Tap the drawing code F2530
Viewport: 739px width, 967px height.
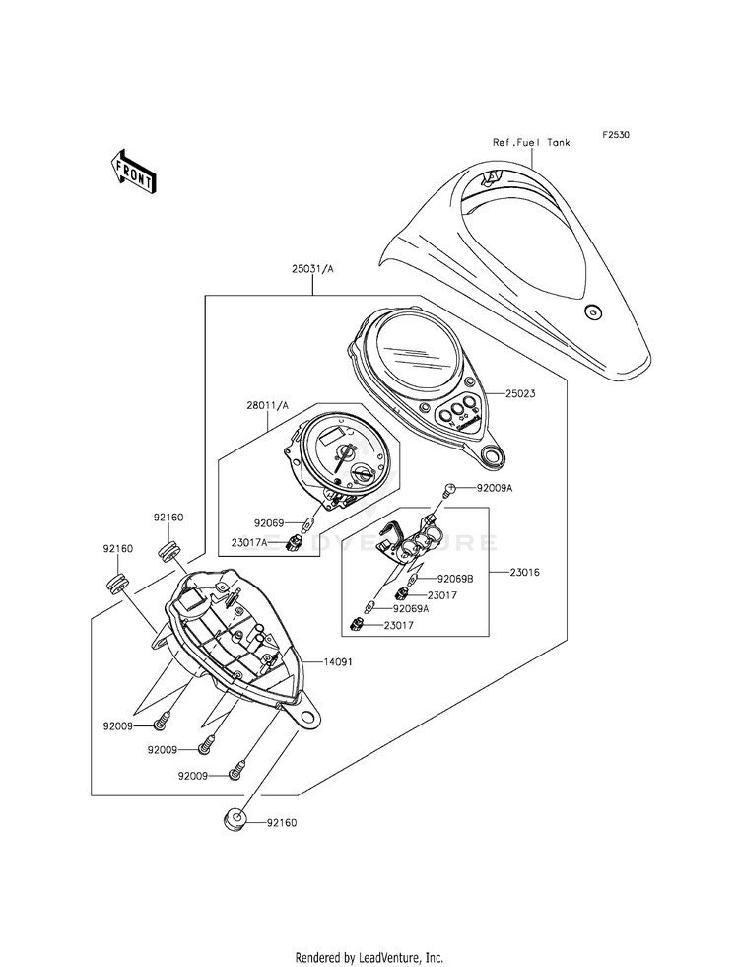click(x=617, y=135)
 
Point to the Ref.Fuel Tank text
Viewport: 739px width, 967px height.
click(x=531, y=142)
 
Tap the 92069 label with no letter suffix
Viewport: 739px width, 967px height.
click(x=268, y=523)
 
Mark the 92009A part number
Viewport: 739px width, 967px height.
click(x=494, y=488)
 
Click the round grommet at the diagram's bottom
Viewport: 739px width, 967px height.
click(x=234, y=819)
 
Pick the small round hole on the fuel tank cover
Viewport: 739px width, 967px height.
click(x=591, y=312)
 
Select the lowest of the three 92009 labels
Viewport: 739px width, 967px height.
click(x=193, y=776)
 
